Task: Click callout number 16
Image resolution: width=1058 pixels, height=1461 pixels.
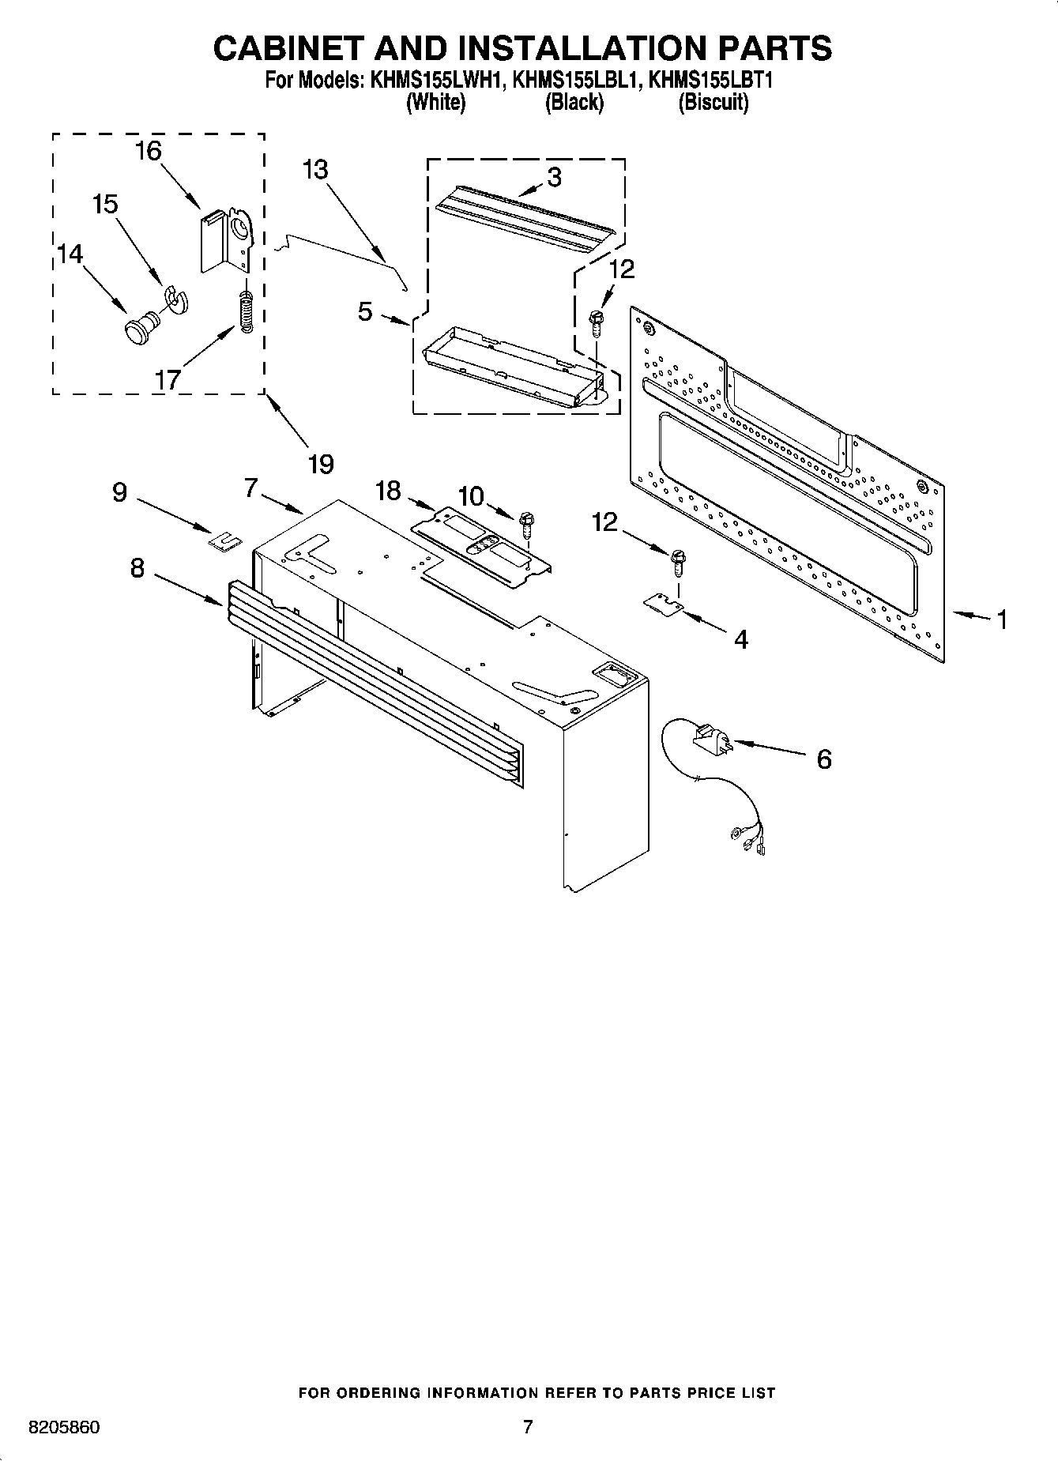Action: tap(149, 150)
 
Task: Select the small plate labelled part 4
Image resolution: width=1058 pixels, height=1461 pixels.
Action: tap(663, 604)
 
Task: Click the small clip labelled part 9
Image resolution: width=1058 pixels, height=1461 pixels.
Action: tap(224, 540)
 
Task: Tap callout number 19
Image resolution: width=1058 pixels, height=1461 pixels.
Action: tap(320, 464)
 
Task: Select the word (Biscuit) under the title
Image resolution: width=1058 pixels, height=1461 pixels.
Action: tap(713, 102)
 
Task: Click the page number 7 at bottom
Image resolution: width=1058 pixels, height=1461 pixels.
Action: tap(528, 1427)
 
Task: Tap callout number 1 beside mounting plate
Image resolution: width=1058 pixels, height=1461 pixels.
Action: tap(1001, 619)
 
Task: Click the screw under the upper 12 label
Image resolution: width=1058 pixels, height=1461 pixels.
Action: tap(597, 320)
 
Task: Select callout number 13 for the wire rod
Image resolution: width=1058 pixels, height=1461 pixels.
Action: tap(314, 170)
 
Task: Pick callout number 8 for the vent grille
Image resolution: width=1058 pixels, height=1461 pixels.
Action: tap(137, 567)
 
